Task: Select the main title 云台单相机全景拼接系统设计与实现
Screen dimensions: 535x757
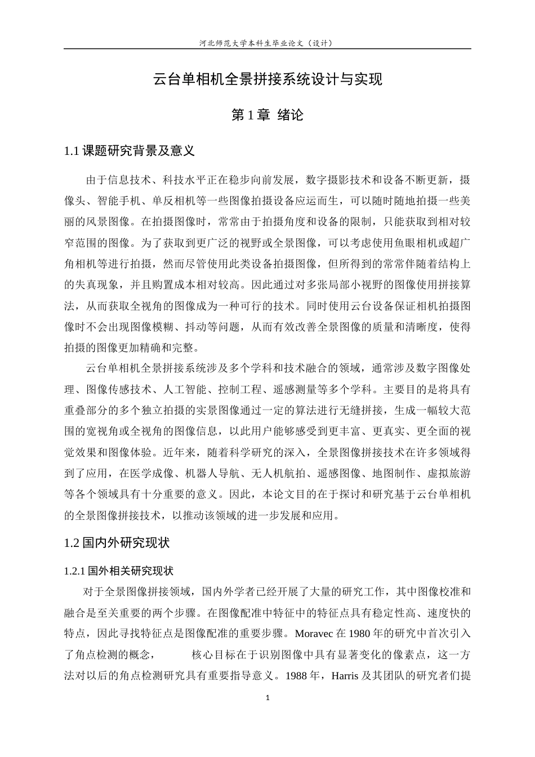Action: [x=267, y=79]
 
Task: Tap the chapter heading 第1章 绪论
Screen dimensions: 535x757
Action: [x=267, y=115]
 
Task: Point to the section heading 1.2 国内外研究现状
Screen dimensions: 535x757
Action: [x=117, y=543]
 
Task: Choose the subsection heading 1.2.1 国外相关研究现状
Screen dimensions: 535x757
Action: [x=119, y=571]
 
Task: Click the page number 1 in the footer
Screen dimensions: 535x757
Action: [x=267, y=698]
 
